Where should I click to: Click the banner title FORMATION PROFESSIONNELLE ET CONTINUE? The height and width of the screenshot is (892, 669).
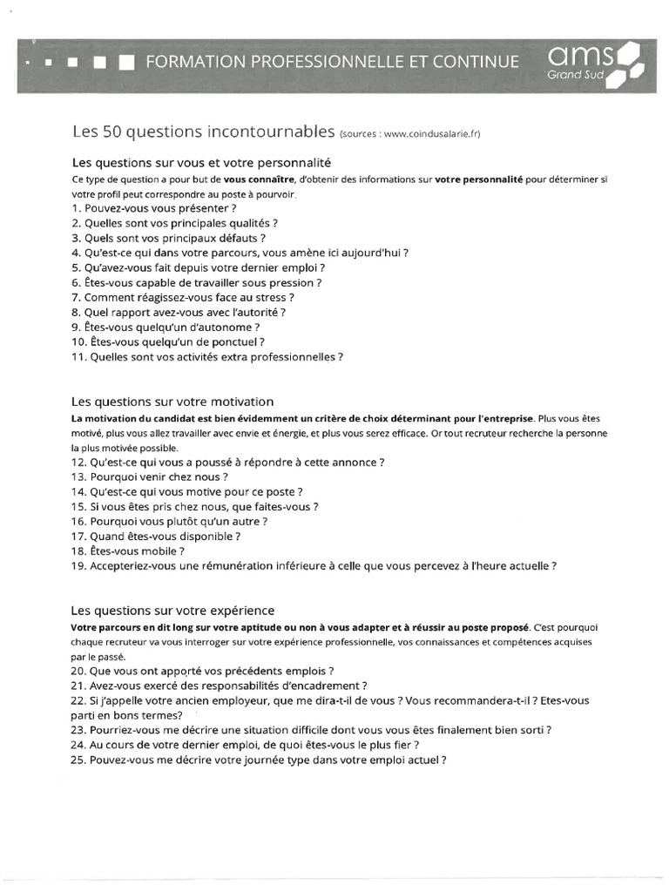point(332,62)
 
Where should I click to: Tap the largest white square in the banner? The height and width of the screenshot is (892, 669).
point(127,62)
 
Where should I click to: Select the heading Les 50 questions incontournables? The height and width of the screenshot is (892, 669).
point(203,132)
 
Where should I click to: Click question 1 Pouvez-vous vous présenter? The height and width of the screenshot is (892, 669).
point(154,209)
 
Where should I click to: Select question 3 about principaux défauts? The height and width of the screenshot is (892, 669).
point(168,238)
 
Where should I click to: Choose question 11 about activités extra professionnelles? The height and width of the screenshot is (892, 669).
point(207,356)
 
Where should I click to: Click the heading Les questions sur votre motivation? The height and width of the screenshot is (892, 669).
point(172,402)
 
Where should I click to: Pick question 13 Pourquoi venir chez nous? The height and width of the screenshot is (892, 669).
point(150,476)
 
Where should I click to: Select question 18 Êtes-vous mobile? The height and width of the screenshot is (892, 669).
point(128,551)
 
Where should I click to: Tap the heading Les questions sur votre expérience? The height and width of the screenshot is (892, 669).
point(172,610)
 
